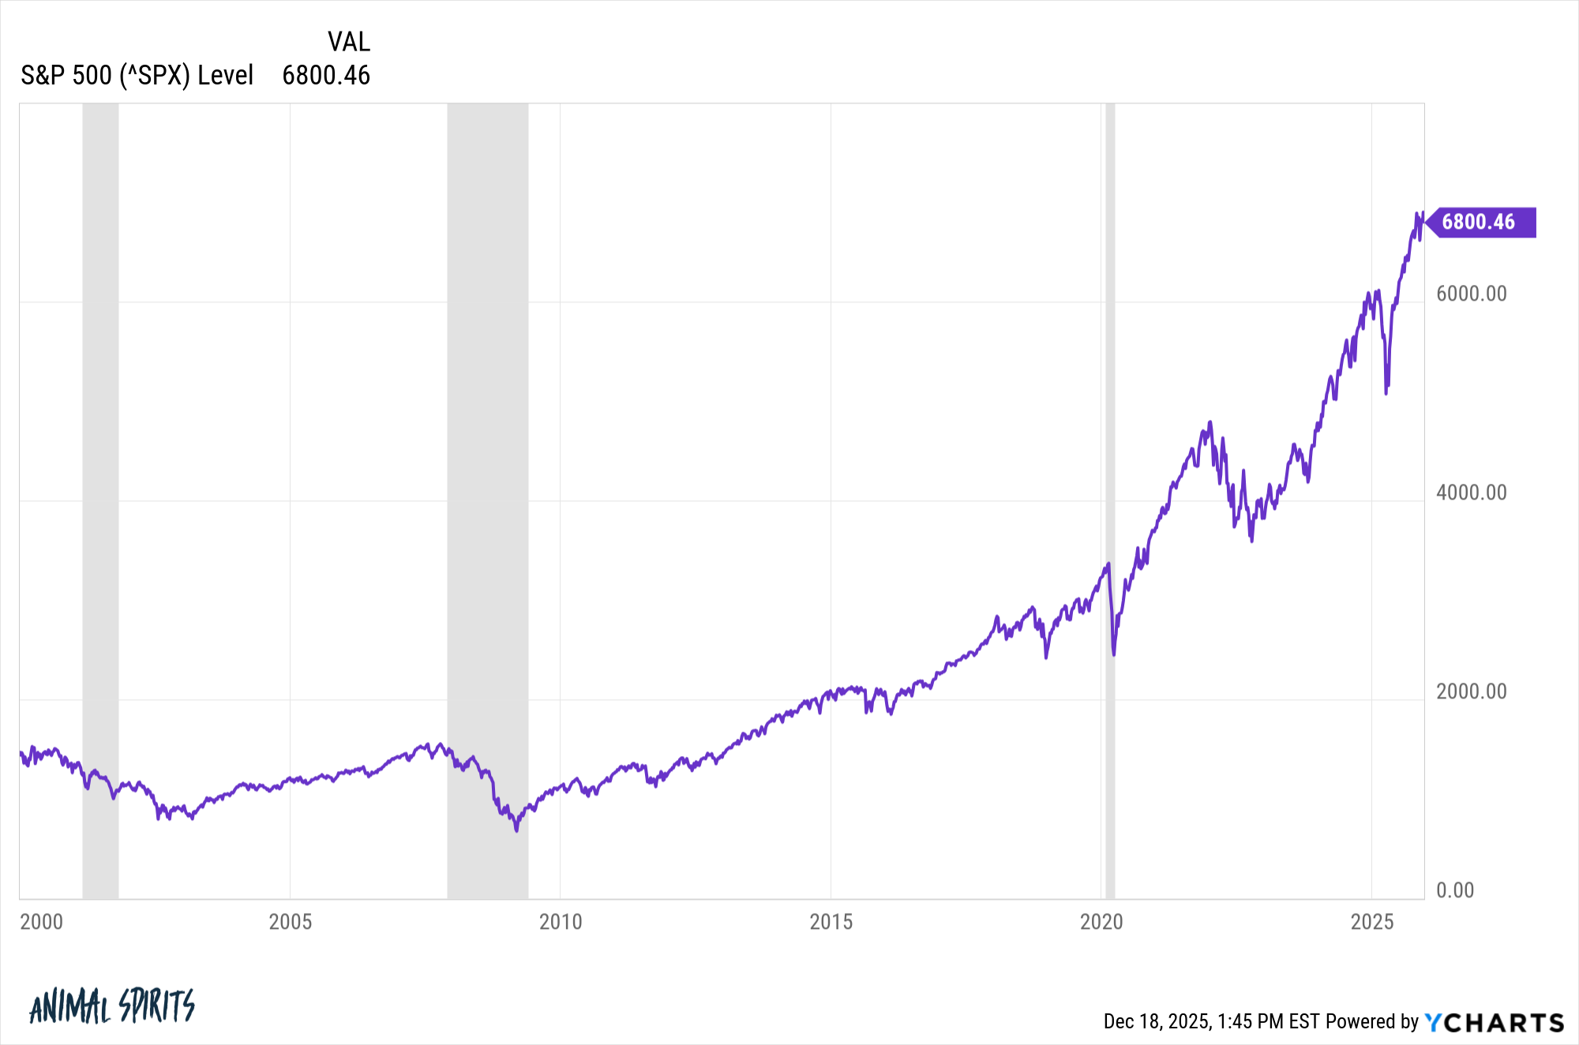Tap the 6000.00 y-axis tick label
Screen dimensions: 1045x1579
click(x=1471, y=294)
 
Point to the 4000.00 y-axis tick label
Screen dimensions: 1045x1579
click(x=1471, y=493)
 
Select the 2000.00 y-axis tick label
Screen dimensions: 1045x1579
click(x=1471, y=691)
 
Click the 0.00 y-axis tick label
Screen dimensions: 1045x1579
click(x=1454, y=890)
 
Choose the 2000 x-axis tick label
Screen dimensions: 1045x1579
click(x=41, y=922)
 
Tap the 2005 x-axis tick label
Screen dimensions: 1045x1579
click(x=290, y=922)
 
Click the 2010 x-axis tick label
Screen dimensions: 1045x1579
click(x=561, y=922)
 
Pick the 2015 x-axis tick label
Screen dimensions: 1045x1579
click(x=831, y=922)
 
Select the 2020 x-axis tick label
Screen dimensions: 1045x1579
click(x=1101, y=922)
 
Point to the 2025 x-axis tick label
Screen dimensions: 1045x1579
click(x=1372, y=922)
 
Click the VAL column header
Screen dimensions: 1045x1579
click(x=348, y=42)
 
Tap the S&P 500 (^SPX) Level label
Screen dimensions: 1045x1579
click(x=137, y=76)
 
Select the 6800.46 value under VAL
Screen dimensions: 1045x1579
click(x=326, y=76)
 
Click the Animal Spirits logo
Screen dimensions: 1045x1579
click(x=111, y=1006)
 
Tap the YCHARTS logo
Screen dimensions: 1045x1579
click(x=1494, y=1022)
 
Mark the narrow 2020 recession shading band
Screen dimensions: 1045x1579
click(x=1110, y=474)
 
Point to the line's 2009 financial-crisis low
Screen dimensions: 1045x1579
click(x=516, y=830)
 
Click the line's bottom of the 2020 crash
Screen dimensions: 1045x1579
click(x=1114, y=654)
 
